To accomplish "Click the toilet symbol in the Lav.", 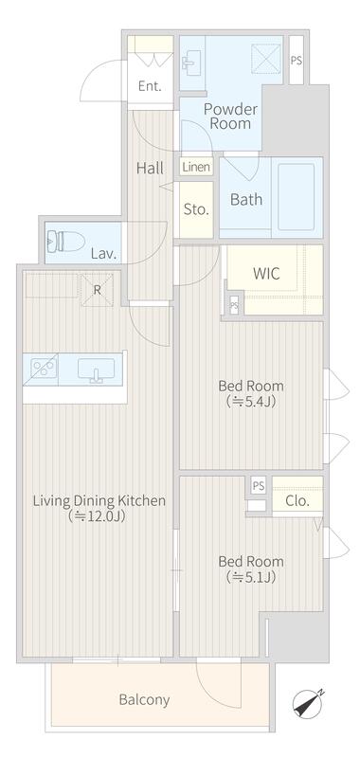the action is coord(66,241).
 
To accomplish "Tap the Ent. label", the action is coord(150,86).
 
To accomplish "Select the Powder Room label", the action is coord(230,116).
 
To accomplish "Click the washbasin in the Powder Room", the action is coord(190,63).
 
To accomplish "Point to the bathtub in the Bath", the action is coord(297,197).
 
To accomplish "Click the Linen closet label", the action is coord(197,168).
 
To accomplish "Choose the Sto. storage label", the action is coord(196,209).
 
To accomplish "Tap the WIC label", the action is coord(266,274).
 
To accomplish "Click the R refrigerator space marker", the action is coord(98,290).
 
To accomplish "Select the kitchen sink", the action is coord(97,370).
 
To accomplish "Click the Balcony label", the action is coord(144,699).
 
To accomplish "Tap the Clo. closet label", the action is coord(297,501).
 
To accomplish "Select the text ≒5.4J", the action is coord(251,402).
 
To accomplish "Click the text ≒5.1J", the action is coord(251,577).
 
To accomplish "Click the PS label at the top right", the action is coord(297,61).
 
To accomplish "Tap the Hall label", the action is coord(150,169).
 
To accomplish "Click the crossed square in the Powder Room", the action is coord(266,59).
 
